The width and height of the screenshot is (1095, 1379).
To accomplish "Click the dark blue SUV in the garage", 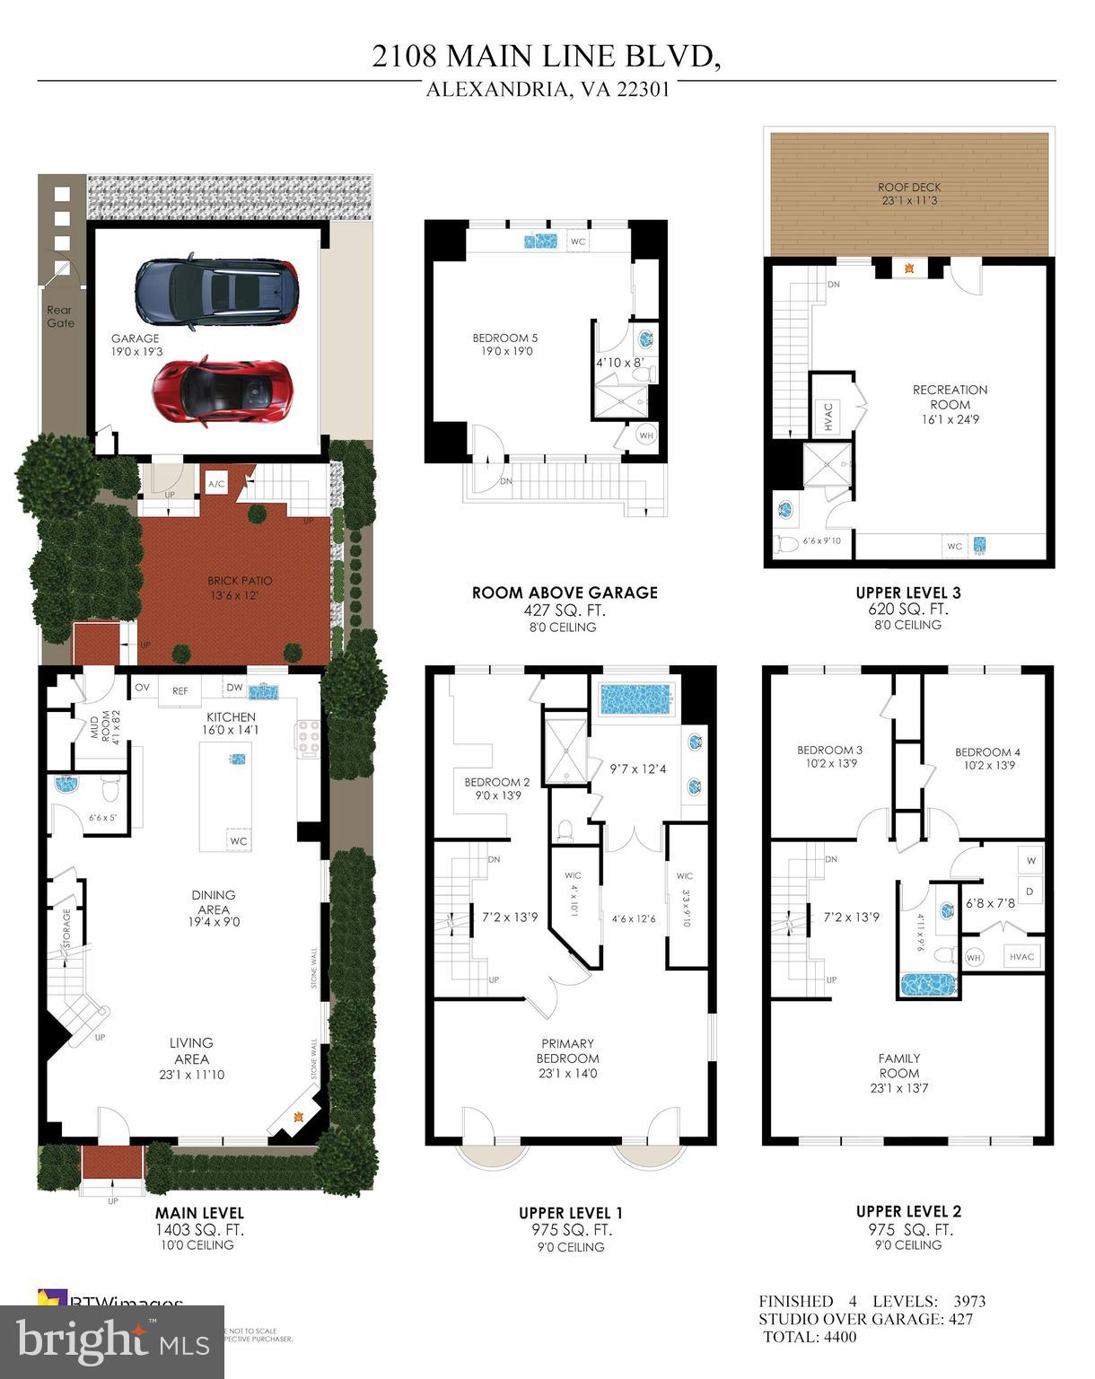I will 215,292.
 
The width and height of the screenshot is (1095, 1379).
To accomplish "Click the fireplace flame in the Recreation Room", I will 909,268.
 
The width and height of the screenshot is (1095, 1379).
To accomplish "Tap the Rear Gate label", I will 60,316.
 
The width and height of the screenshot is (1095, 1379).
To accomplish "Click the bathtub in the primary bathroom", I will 635,698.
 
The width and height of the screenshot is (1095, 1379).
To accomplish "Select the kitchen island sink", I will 237,759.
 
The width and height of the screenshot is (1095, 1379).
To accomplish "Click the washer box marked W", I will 1030,860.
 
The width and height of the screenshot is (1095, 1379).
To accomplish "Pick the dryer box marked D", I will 1030,892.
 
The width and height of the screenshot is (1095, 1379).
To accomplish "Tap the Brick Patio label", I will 240,587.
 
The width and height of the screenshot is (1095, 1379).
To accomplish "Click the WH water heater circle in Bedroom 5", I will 645,435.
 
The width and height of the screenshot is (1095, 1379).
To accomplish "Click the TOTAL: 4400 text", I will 810,1337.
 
